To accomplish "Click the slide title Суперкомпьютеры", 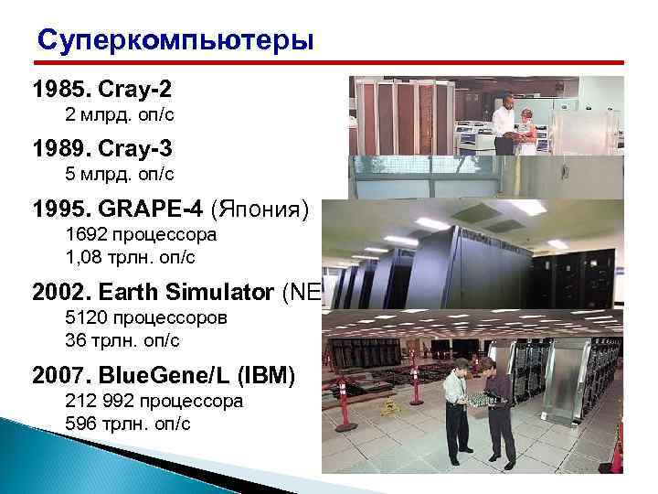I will (175, 42).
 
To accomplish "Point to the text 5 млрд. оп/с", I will (120, 173).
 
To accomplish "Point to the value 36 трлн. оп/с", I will (123, 339).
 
